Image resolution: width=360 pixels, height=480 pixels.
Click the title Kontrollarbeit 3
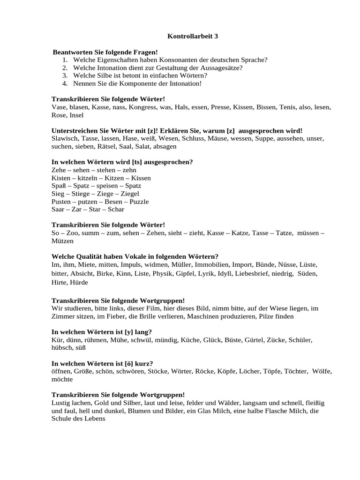193,36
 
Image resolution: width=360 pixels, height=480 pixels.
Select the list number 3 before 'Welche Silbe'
64,75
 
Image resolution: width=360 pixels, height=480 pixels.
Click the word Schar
116,210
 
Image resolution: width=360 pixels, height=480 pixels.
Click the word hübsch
62,348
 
